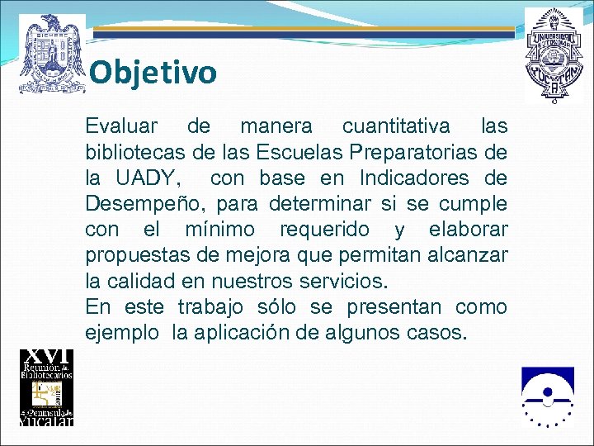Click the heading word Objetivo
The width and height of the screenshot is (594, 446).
pyautogui.click(x=153, y=73)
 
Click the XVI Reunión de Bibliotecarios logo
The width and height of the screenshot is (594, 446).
pyautogui.click(x=46, y=387)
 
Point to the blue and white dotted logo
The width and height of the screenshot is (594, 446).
pyautogui.click(x=546, y=396)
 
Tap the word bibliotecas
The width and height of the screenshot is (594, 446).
pyautogui.click(x=131, y=152)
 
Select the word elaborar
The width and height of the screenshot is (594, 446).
pyautogui.click(x=469, y=229)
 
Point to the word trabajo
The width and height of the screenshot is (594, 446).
pyautogui.click(x=210, y=306)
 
